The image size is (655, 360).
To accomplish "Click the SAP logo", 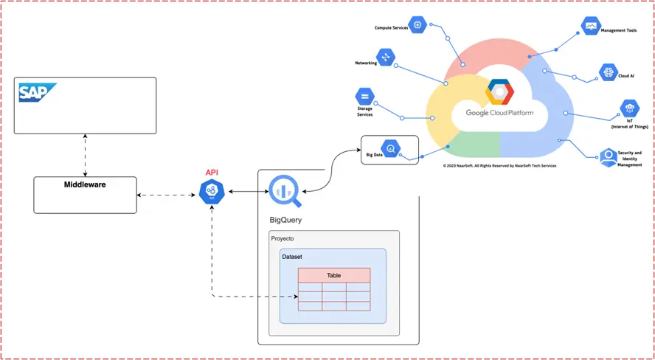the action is click(38, 92).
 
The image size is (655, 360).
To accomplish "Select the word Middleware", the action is click(85, 184).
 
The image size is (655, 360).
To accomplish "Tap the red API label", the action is click(212, 173).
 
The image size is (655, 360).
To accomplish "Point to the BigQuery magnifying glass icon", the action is click(286, 192).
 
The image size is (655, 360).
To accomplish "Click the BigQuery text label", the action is click(285, 220).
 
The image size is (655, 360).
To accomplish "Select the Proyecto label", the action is click(283, 238).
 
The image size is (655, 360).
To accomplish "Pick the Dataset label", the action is click(292, 257).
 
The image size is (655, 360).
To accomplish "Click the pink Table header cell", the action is click(333, 275).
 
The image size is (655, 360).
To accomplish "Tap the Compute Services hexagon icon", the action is click(417, 26).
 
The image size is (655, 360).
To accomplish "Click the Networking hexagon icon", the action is click(386, 57).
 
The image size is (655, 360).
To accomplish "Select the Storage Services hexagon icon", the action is click(364, 97).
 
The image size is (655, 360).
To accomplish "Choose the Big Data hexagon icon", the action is click(391, 149).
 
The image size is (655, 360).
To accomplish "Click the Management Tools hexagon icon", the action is click(591, 27).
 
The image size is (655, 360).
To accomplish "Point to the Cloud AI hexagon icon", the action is click(609, 72).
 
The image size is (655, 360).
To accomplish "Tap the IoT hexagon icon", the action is click(629, 108).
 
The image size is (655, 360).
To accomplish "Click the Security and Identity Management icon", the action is click(609, 158).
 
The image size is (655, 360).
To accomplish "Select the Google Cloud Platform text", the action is click(499, 113).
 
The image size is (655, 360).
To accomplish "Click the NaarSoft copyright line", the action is click(499, 166).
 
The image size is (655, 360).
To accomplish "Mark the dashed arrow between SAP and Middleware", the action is click(86, 156).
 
